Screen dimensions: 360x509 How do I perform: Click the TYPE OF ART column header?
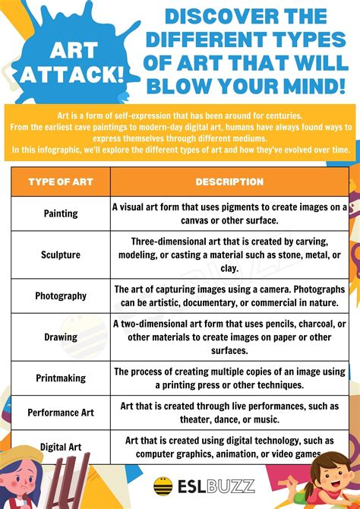(x=60, y=182)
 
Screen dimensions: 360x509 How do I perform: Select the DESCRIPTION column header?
(x=229, y=182)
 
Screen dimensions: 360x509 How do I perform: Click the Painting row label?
(x=61, y=213)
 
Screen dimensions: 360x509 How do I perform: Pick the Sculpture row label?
(x=61, y=254)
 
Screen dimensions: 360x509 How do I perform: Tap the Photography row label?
(x=61, y=296)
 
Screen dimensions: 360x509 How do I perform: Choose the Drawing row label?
(x=61, y=337)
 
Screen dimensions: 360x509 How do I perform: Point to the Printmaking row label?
(x=61, y=378)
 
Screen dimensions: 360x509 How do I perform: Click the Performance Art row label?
(x=61, y=413)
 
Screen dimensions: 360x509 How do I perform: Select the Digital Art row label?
(x=61, y=447)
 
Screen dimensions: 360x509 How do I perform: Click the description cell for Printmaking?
(x=229, y=378)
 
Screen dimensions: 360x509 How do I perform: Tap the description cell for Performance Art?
(x=229, y=413)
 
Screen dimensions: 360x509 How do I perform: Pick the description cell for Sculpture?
(x=229, y=254)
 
